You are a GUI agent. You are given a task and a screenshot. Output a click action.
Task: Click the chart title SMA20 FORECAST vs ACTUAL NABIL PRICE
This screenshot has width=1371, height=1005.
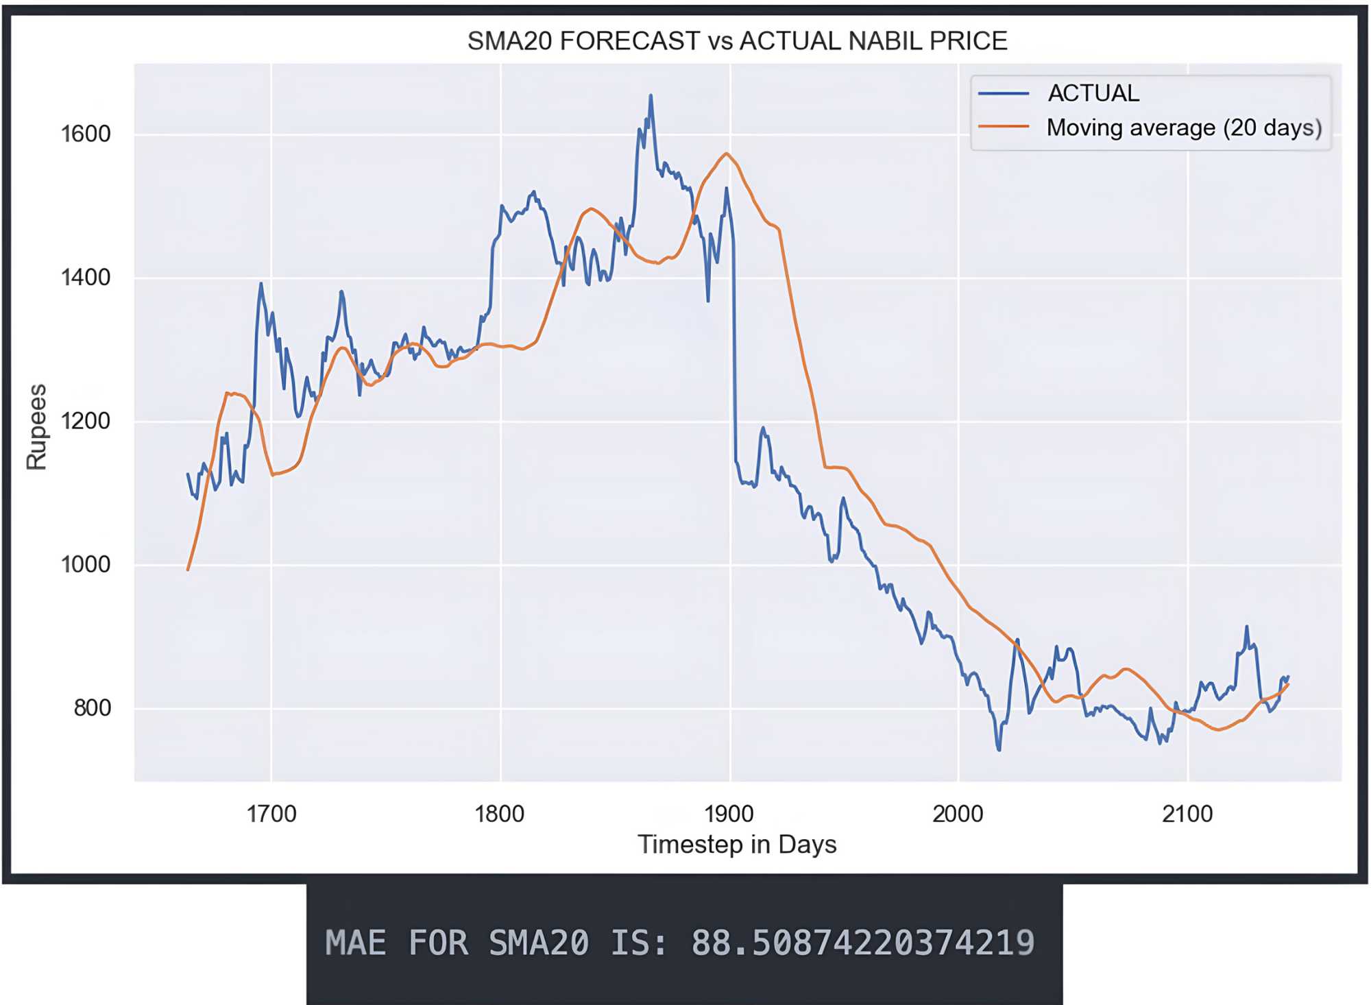[x=737, y=41]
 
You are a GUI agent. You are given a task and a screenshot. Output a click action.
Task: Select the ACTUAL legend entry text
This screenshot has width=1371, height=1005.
[x=1093, y=93]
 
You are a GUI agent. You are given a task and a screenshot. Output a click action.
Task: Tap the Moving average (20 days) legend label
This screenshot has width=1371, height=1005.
[x=1183, y=128]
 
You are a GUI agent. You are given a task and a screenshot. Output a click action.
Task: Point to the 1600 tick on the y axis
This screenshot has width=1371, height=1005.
[x=86, y=134]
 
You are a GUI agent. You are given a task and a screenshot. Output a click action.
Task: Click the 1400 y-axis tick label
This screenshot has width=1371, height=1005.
[x=86, y=278]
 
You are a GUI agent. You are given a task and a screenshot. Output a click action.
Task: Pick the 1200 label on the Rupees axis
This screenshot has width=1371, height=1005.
[x=86, y=421]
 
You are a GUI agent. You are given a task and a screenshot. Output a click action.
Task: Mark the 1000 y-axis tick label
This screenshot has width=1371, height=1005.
[x=86, y=564]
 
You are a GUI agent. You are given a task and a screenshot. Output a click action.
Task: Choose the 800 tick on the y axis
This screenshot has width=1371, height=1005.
[x=93, y=707]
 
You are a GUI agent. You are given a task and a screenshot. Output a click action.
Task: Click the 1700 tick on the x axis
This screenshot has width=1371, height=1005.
[x=271, y=814]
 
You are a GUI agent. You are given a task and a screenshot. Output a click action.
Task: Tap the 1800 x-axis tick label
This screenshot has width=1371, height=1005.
[x=500, y=814]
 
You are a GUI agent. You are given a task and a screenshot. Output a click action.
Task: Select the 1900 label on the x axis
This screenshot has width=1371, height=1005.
[x=729, y=814]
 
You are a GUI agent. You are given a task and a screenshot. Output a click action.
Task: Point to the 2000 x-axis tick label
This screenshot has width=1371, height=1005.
[x=958, y=814]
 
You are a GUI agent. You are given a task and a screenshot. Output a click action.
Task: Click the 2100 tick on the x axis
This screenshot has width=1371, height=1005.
[x=1187, y=814]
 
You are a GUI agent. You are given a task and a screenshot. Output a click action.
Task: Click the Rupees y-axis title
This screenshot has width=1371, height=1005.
[x=36, y=426]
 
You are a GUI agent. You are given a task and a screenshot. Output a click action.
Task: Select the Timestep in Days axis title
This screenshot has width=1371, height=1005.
[x=737, y=844]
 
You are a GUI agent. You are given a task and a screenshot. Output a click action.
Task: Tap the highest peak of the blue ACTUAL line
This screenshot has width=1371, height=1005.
[x=651, y=96]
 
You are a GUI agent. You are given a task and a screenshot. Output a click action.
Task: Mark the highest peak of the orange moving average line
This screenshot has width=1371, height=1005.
[x=727, y=154]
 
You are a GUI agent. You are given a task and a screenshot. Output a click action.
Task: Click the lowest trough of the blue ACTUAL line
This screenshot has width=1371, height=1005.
[x=999, y=749]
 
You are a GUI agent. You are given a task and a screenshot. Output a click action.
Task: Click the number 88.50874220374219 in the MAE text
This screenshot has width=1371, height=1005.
[x=862, y=943]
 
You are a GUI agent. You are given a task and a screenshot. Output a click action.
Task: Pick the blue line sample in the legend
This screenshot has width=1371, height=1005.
[x=1004, y=93]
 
